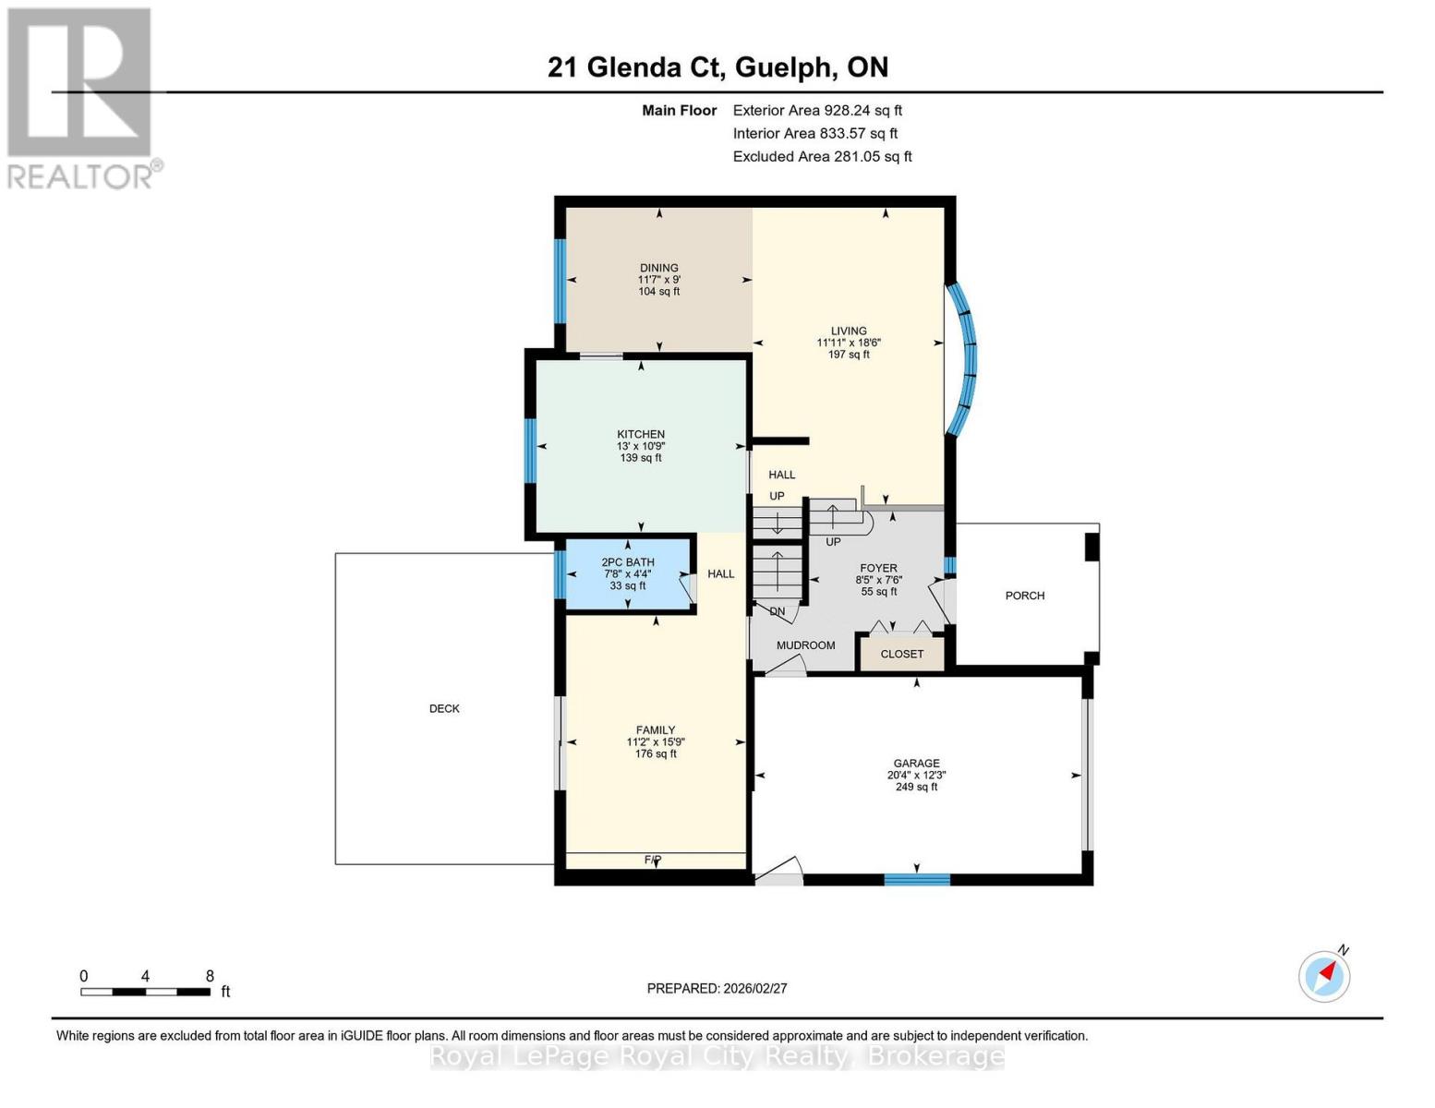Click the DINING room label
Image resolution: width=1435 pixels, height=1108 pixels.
pos(658,268)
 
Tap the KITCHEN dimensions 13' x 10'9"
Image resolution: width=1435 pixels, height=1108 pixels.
pos(641,446)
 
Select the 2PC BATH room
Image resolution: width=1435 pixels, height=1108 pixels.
pos(628,573)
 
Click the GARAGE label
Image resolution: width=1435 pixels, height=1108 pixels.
pos(916,764)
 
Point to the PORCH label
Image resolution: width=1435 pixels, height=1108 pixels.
pos(1025,596)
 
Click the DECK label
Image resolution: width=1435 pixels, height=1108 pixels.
pos(444,708)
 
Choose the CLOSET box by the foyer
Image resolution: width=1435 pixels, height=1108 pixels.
pos(901,654)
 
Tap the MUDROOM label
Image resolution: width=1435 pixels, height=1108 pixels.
pos(805,645)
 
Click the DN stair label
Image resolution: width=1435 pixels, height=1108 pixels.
pos(778,611)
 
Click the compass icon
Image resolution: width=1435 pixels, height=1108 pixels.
pos(1324,975)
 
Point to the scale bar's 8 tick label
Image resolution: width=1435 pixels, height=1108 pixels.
pos(210,976)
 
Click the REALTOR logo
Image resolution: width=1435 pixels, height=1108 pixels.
pos(81,97)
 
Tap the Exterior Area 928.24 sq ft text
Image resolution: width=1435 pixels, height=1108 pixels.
pos(817,110)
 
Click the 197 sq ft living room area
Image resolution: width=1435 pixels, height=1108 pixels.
pos(848,355)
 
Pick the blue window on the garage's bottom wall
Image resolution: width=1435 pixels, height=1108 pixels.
pos(917,879)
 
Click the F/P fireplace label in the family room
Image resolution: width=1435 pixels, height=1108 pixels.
pos(653,860)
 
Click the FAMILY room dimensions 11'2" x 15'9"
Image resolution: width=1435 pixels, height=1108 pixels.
pos(656,741)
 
